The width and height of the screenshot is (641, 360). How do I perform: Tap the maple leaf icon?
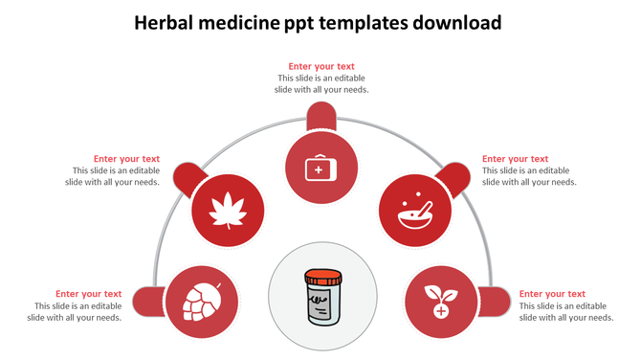click(x=229, y=211)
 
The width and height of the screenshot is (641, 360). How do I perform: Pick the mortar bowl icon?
click(x=415, y=211)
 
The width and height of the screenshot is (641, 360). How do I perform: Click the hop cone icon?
click(x=201, y=301)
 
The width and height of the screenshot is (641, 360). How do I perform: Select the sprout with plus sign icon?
click(x=441, y=301)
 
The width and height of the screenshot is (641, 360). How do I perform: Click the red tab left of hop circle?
click(x=146, y=301)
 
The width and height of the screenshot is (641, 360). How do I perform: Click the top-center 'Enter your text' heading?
click(x=321, y=67)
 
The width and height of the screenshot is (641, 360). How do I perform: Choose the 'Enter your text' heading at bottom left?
click(x=88, y=294)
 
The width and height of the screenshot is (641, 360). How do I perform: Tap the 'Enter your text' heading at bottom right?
click(x=552, y=294)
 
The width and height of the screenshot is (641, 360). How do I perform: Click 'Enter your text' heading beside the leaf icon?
click(x=126, y=159)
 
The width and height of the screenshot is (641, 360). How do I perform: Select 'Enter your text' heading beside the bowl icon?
click(x=515, y=159)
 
